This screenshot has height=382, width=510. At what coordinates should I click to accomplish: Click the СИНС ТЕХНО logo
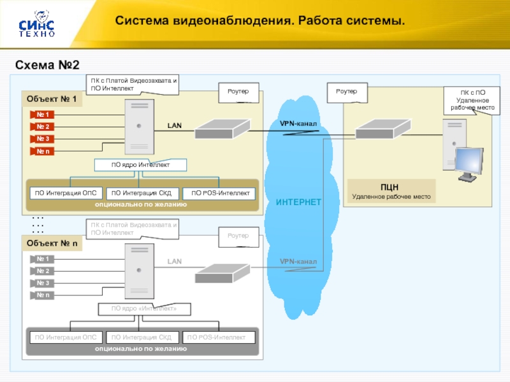[x=36, y=24]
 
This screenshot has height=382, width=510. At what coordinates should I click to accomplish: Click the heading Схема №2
[x=47, y=65]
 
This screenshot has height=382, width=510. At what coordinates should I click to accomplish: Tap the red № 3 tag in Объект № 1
[x=43, y=139]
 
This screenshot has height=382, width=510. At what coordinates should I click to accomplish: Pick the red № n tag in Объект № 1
[x=43, y=151]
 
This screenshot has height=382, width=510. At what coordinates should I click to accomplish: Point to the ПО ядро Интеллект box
[x=141, y=166]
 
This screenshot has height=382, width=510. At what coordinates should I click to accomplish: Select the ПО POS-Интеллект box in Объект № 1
[x=219, y=194]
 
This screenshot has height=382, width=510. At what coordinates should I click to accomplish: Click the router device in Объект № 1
[x=221, y=129]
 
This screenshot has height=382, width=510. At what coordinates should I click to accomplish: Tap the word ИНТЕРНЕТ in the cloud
[x=298, y=202]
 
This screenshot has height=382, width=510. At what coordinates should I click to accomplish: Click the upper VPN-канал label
[x=298, y=123]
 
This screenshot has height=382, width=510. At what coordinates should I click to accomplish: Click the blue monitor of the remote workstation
[x=470, y=164]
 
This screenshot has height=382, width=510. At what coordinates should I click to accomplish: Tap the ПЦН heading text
[x=390, y=187]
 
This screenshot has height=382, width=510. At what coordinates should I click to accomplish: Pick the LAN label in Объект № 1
[x=175, y=125]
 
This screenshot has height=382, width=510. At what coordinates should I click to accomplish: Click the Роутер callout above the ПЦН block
[x=347, y=92]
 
